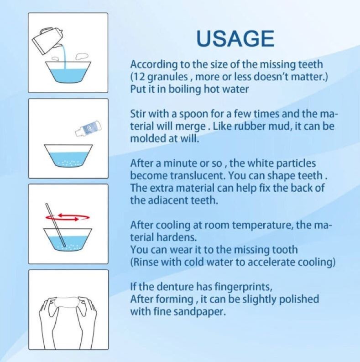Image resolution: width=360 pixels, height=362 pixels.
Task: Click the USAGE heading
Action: click(x=235, y=38)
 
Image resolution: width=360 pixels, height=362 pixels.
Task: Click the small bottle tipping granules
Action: click(x=89, y=128)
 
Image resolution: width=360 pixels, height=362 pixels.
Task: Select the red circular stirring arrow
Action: click(x=68, y=217)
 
